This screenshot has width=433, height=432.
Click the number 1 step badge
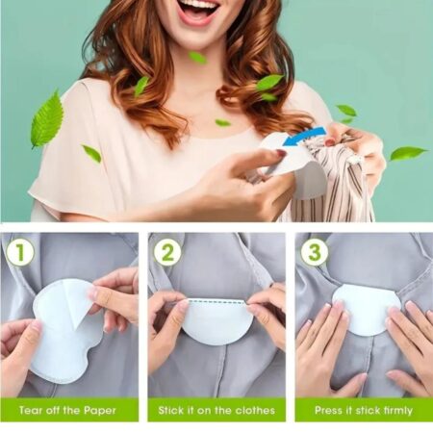pyautogui.click(x=20, y=253)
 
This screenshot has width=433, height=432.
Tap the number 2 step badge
pyautogui.click(x=167, y=253)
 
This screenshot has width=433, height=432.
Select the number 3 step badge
pyautogui.click(x=314, y=253)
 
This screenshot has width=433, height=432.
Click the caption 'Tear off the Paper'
pyautogui.click(x=68, y=411)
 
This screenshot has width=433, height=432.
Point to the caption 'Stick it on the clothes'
pyautogui.click(x=216, y=411)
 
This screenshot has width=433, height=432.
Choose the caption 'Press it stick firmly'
pyautogui.click(x=362, y=411)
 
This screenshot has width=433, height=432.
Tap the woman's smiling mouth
pyautogui.click(x=198, y=11)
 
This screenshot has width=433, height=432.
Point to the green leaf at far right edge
pyautogui.click(x=407, y=153)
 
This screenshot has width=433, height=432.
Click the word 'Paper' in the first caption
pyautogui.click(x=100, y=411)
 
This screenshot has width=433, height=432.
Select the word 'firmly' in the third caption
pyautogui.click(x=396, y=411)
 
